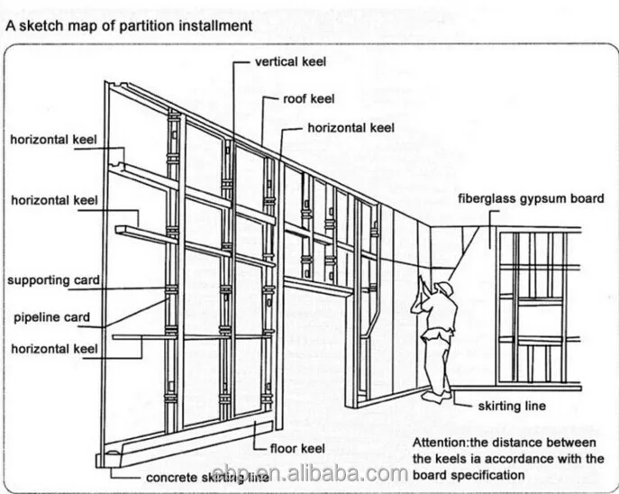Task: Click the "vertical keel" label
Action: click(290, 62)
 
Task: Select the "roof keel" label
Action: click(309, 99)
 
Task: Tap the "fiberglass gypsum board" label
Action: click(532, 198)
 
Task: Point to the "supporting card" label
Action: click(54, 280)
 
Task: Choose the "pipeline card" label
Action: click(51, 317)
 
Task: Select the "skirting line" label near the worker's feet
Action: click(512, 406)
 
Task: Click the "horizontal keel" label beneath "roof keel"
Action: click(351, 128)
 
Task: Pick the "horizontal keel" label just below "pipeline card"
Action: click(54, 347)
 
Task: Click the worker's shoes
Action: click(436, 394)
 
